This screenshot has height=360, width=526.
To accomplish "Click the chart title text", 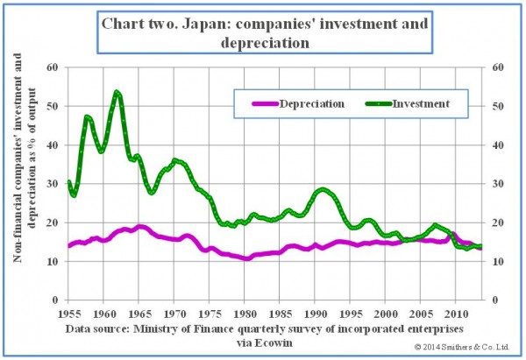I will (x=263, y=32).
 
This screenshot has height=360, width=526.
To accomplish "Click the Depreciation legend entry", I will (x=311, y=103).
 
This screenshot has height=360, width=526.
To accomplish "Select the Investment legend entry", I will (x=421, y=103).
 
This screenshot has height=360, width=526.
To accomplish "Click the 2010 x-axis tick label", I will (x=457, y=313).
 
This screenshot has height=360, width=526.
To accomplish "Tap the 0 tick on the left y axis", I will (x=55, y=300).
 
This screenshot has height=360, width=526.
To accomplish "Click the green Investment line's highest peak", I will (x=117, y=91).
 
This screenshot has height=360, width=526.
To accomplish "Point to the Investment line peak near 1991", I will (x=324, y=189).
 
